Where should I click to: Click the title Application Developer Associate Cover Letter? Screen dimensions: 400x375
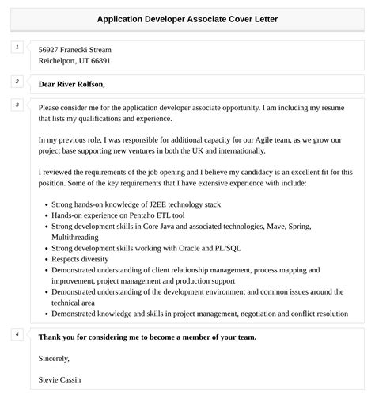pos(187,18)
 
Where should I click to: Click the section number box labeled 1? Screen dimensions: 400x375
pos(17,48)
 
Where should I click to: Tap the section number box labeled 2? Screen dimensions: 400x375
pos(17,82)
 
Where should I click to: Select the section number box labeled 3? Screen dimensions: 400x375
pos(17,105)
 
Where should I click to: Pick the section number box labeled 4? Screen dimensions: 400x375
pos(17,334)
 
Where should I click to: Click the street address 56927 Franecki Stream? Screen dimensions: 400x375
pos(74,49)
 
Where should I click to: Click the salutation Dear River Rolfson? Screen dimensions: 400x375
pos(71,84)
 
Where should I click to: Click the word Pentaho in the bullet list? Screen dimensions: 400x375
pos(138,215)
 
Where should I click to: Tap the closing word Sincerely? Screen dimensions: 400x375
pos(59,358)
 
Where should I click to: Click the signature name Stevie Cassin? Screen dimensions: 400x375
pos(59,379)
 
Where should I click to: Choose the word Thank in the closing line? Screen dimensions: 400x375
pos(51,337)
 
